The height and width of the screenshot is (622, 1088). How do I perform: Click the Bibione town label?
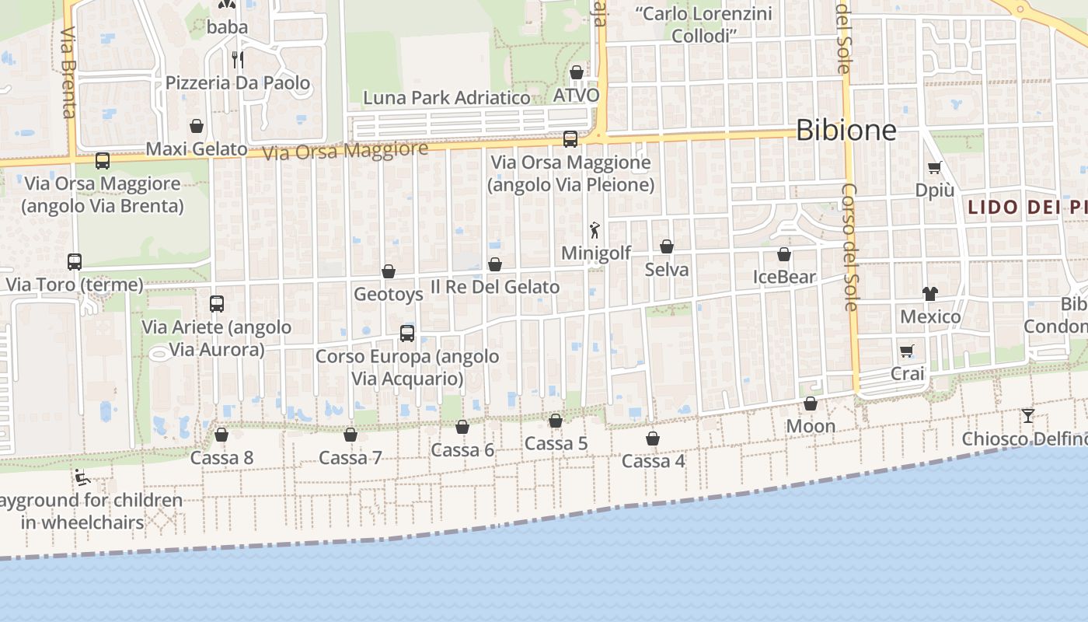846,130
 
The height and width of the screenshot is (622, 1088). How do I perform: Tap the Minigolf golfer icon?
595,230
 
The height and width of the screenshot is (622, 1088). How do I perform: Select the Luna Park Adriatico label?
447,98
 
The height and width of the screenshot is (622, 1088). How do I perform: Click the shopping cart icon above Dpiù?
934,167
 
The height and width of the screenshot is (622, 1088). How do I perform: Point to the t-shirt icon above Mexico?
930,293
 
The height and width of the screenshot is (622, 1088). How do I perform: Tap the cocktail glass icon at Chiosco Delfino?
1027,415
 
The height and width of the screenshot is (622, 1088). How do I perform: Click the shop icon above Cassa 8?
221,435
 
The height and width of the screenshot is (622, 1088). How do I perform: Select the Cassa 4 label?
654,461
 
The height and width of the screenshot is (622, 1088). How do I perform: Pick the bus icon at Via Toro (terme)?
75,261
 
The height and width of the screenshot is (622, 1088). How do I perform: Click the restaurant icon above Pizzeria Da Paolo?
238,59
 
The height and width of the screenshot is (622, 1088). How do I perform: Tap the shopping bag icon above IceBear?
784,254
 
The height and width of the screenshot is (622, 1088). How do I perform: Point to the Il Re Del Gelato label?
495,287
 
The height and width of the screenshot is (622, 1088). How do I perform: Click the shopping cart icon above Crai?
907,351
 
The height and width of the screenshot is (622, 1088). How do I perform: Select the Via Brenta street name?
68,73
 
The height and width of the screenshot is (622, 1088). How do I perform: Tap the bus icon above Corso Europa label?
407,334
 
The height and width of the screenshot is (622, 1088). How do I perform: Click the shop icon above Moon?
811,404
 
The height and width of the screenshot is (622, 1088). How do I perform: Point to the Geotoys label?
389,295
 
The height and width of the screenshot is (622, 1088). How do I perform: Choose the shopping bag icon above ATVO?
577,72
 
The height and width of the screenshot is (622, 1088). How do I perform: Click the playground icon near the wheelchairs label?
82,477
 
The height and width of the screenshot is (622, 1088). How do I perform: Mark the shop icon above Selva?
667,246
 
